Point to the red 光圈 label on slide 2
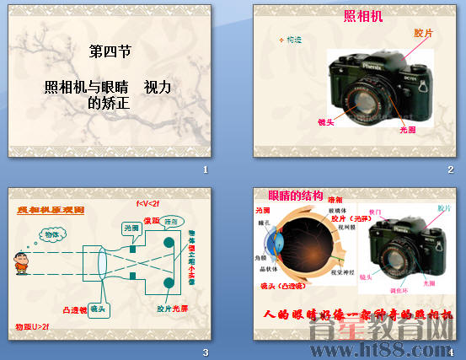(408, 131)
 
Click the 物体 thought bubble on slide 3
(52, 234)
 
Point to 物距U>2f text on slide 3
(33, 325)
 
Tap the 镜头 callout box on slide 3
(98, 309)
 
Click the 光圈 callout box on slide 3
(131, 228)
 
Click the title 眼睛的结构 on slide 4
(295, 195)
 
